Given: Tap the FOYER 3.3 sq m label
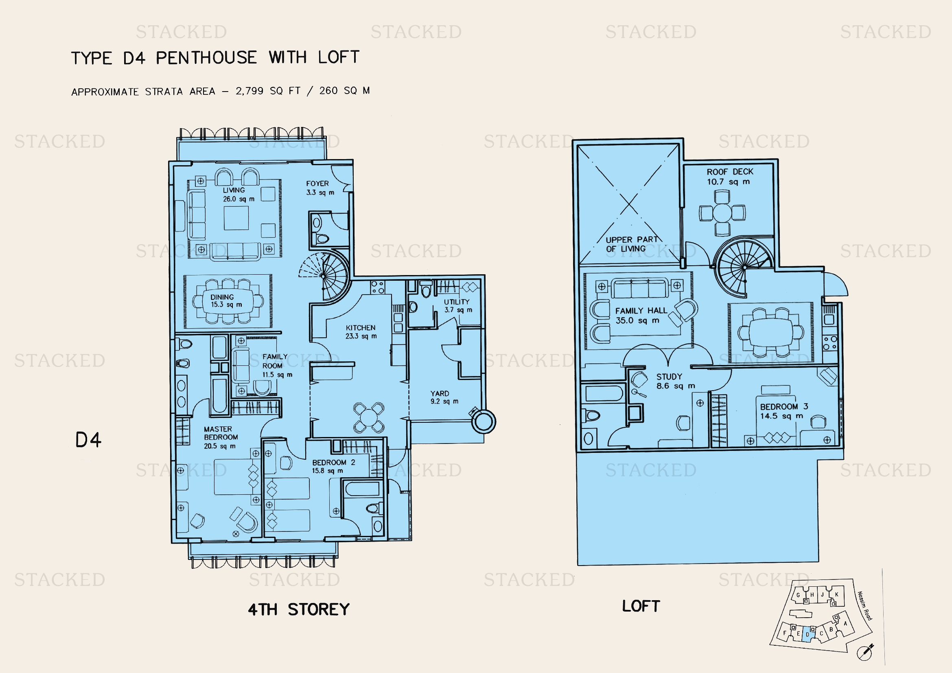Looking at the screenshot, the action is point(320,188).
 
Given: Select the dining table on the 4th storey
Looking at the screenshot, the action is point(228,301).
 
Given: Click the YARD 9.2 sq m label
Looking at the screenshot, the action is point(444,397).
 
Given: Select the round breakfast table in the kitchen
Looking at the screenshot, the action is point(368,417).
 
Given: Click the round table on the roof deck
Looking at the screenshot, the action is point(722,213).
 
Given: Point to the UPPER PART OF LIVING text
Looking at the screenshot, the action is point(632,244).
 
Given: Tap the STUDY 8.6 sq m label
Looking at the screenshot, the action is point(676,381).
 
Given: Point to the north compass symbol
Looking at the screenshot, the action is point(865,652).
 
